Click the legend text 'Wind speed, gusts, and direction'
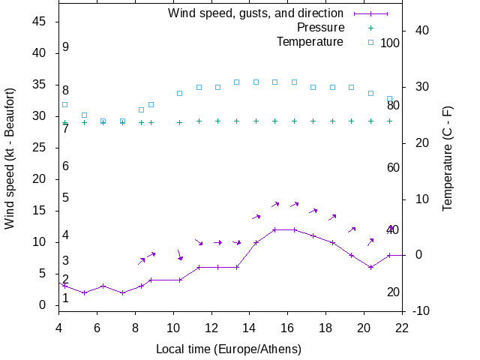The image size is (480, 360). pos(256,13)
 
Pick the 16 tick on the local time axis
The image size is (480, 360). pos(287,327)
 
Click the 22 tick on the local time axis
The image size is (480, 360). pos(402,327)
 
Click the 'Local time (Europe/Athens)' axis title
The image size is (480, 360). pos(229,349)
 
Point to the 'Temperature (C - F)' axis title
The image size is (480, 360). pos(448,158)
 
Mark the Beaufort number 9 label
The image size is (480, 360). pos(66,47)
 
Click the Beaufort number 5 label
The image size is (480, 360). pos(66,198)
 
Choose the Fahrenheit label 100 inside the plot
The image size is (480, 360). pos(390,43)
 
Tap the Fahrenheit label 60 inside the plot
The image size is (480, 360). pos(393,167)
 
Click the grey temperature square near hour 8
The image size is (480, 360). pos(141,109)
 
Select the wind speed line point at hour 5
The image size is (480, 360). pos(84,292)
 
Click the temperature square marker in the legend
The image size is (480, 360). pos(370,42)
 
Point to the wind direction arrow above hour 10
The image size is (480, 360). pos(179,256)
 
